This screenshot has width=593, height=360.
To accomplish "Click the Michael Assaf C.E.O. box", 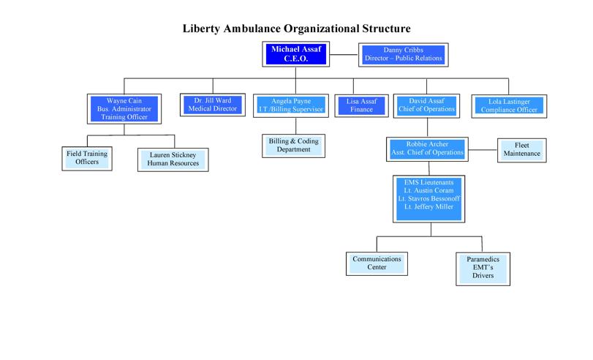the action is (x=295, y=54).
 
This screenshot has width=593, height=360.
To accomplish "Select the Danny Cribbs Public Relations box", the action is (x=404, y=55).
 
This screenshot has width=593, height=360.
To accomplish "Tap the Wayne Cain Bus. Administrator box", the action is (x=124, y=109).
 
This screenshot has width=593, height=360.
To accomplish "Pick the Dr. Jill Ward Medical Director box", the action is (x=213, y=105).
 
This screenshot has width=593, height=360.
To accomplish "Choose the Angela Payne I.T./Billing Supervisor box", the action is (x=291, y=105).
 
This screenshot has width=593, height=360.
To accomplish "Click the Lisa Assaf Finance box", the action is (x=361, y=105).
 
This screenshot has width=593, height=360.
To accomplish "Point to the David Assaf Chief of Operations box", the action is (x=426, y=105).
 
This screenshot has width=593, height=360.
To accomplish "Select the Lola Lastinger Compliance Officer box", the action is (x=509, y=106).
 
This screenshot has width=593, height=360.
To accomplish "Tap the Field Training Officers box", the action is (x=87, y=159).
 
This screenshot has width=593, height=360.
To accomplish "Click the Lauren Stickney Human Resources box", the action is (x=173, y=160).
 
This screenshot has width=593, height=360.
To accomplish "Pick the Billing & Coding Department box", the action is (x=293, y=146).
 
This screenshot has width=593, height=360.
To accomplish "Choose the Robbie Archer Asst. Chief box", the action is (x=427, y=149).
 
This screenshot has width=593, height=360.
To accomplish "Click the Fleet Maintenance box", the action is (x=522, y=150).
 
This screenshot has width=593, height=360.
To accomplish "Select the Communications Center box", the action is (x=377, y=263).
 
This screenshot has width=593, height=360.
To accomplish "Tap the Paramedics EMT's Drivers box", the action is (x=483, y=269).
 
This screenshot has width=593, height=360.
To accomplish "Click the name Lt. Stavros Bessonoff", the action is (x=429, y=198).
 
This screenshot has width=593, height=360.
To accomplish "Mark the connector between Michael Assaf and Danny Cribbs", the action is (x=344, y=54).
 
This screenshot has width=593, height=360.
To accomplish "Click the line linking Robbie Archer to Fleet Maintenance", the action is (x=483, y=149).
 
